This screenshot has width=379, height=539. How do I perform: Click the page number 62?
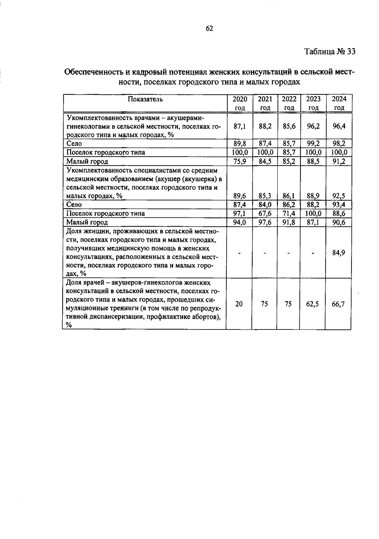coord(209,28)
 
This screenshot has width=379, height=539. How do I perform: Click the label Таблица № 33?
coord(330,52)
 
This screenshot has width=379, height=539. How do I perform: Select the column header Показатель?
coord(145,99)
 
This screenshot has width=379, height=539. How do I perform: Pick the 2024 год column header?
coord(339,103)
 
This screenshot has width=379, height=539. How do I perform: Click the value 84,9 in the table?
coord(339,253)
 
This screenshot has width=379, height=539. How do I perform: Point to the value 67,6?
coord(265,213)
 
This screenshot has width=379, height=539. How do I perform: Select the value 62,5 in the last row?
coord(312,304)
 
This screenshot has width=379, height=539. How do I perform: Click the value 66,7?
coord(339,304)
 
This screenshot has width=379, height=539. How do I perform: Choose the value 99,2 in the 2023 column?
coord(313,143)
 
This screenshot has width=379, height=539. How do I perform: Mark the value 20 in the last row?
coord(239,304)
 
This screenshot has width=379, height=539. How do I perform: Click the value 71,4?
coord(289,213)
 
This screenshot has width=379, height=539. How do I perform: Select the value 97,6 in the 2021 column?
coord(265,222)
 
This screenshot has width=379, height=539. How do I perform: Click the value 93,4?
coord(339,204)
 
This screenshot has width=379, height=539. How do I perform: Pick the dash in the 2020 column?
coord(239,253)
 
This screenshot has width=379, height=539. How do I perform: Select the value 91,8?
coord(289,222)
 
